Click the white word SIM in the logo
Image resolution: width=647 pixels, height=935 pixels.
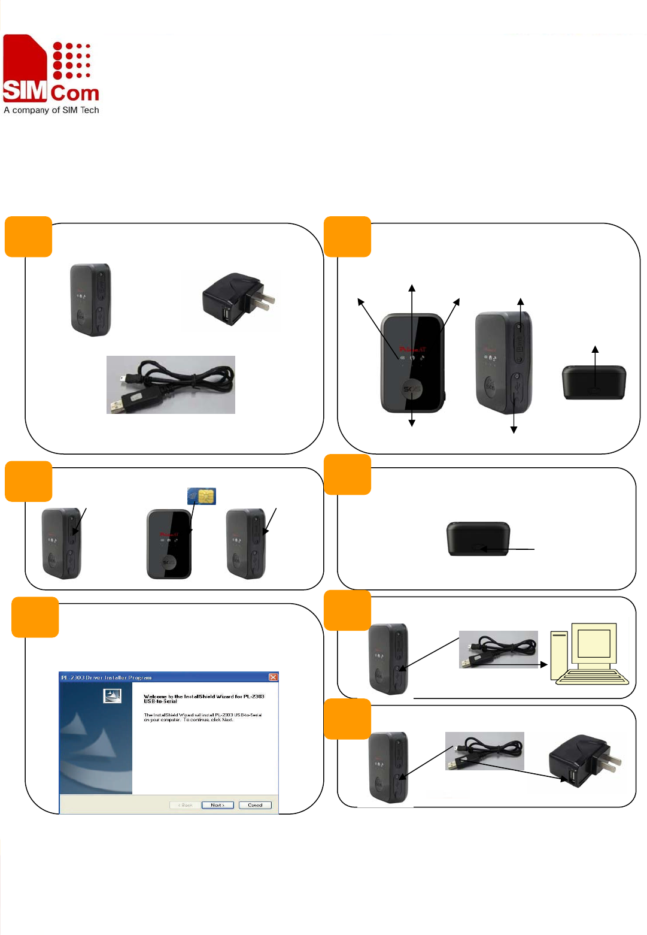tap(25, 90)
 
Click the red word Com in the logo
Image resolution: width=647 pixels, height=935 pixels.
tap(75, 93)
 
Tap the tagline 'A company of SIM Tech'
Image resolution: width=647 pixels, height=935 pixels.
tap(51, 110)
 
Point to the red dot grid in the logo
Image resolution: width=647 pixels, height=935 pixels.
tap(71, 60)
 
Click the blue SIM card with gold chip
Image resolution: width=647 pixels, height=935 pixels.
tap(202, 496)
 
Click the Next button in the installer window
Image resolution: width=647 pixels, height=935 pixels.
tap(217, 805)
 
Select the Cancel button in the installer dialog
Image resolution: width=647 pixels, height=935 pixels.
tap(255, 805)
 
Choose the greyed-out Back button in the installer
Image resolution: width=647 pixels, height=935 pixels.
tap(186, 805)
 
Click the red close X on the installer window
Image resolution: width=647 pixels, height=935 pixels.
tap(273, 677)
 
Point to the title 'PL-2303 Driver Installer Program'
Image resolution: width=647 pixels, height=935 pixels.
tap(107, 677)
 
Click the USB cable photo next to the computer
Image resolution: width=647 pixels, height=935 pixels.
tap(498, 649)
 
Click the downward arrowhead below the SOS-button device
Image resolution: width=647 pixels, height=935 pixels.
tap(412, 423)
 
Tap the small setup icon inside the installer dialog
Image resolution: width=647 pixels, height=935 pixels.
tap(113, 695)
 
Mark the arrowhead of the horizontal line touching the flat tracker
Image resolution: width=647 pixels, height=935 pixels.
tap(484, 549)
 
